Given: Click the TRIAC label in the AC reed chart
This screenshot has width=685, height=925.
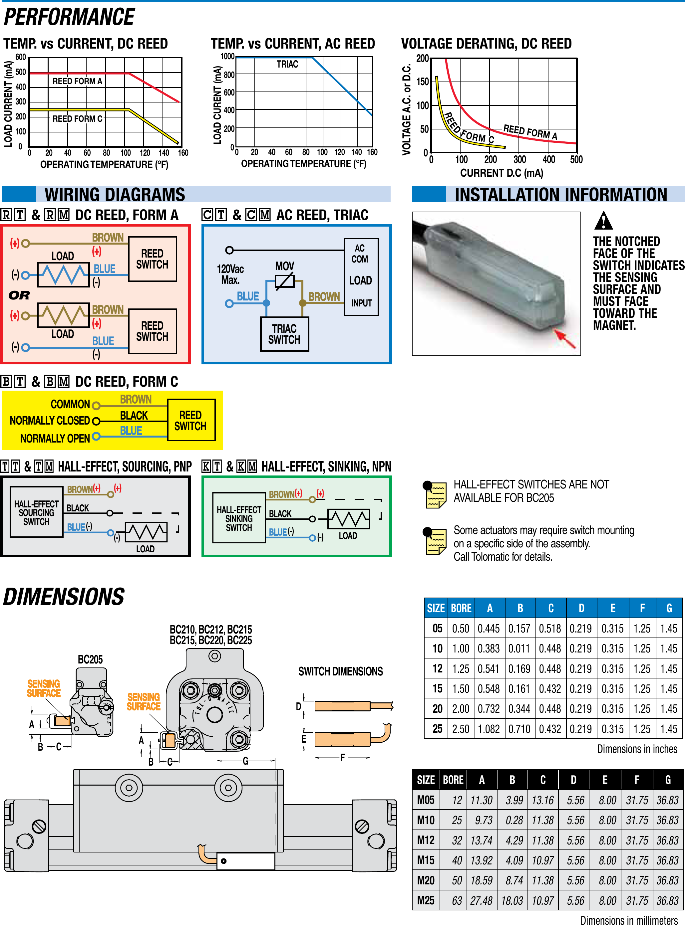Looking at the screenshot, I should (x=287, y=64).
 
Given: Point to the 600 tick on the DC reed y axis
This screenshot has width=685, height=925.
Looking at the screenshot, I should (x=20, y=57).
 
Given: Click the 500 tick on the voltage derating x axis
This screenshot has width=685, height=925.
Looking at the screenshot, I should (x=576, y=159).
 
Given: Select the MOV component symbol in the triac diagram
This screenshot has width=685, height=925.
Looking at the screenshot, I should (x=284, y=281).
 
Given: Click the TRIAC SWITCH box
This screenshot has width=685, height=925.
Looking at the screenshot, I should (x=284, y=334).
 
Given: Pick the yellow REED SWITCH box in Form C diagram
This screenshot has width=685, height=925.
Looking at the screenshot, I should (x=191, y=420).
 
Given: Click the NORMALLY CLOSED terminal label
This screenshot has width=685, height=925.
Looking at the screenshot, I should (x=50, y=421).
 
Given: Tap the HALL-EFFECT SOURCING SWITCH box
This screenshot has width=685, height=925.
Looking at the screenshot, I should (x=37, y=512).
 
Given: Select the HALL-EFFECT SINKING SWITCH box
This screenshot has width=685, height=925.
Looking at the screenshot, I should (x=239, y=518).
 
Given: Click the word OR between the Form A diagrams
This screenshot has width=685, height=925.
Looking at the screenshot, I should (x=19, y=295).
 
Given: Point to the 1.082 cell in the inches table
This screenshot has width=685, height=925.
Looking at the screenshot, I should (x=489, y=729).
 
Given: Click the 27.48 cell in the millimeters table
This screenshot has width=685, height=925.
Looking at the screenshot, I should (x=482, y=901).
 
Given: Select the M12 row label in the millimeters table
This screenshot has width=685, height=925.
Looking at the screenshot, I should (x=426, y=840).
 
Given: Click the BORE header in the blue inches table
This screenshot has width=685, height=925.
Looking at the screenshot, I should (x=461, y=608).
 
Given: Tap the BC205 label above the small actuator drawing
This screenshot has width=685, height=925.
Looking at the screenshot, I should (x=90, y=659).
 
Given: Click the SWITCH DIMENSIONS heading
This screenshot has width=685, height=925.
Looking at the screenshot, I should (x=340, y=671).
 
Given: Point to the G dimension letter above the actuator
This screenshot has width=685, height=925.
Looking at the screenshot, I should (x=245, y=761).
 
